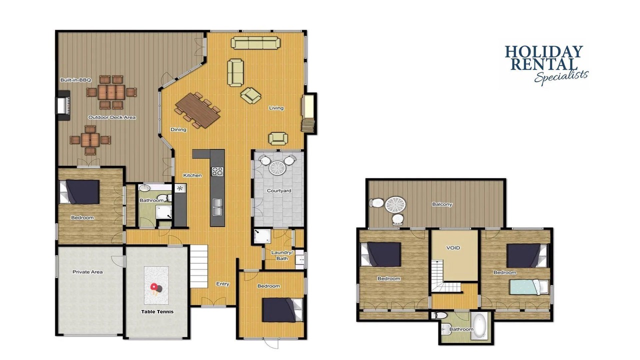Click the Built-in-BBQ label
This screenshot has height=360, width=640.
point(75,80)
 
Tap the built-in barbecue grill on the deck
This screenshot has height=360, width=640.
point(63,105)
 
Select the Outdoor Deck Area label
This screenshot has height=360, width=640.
point(111,117)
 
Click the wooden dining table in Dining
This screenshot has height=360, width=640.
point(197,110)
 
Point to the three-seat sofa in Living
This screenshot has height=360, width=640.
point(255,43)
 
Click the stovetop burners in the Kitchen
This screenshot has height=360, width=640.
point(217,171)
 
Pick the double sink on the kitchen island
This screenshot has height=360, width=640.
point(217,207)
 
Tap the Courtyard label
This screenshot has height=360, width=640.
point(279,190)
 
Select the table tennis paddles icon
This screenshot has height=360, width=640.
point(156,288)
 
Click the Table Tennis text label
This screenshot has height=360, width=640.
point(157,311)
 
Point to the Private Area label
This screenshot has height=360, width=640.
point(87,272)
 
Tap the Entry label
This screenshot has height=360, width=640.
point(222,284)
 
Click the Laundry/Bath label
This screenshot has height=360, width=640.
point(282,255)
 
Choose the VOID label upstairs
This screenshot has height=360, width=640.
point(453,247)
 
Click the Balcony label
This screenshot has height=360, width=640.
point(442,204)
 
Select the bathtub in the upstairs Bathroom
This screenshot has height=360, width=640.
point(478,326)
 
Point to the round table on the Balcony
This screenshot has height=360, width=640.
point(395,204)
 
